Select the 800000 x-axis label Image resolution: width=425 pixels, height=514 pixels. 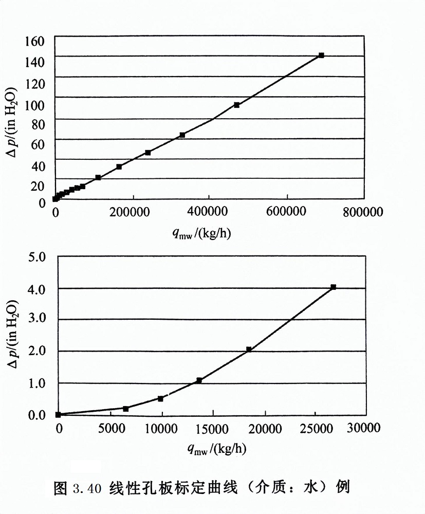point(363,212)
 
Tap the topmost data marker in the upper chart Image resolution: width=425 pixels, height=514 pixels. point(321,55)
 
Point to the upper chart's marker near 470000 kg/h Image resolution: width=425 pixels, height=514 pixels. point(237,105)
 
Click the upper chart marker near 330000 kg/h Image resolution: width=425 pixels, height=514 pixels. point(182,135)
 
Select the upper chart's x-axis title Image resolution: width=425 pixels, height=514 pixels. point(205,234)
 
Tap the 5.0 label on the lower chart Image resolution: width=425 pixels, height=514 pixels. point(36,256)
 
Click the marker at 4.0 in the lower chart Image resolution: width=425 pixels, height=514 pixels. point(333,287)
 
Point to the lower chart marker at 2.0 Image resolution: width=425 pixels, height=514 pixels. point(249,350)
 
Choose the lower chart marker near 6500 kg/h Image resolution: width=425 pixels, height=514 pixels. point(126,409)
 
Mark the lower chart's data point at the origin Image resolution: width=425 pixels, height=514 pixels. point(59,414)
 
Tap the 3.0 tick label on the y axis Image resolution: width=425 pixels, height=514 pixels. point(36,320)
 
